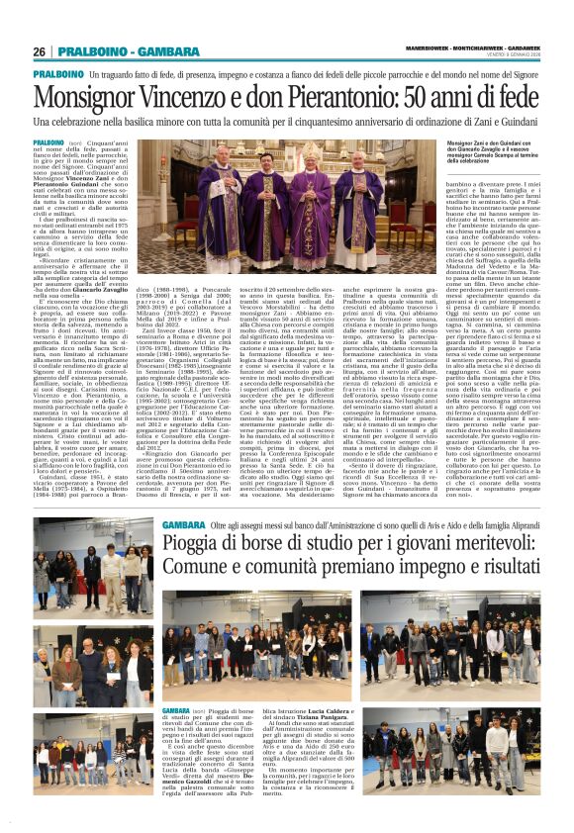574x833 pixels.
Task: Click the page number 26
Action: point(40,51)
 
